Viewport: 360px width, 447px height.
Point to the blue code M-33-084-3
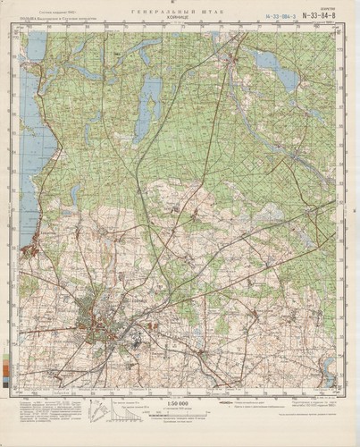coord(281,16)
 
